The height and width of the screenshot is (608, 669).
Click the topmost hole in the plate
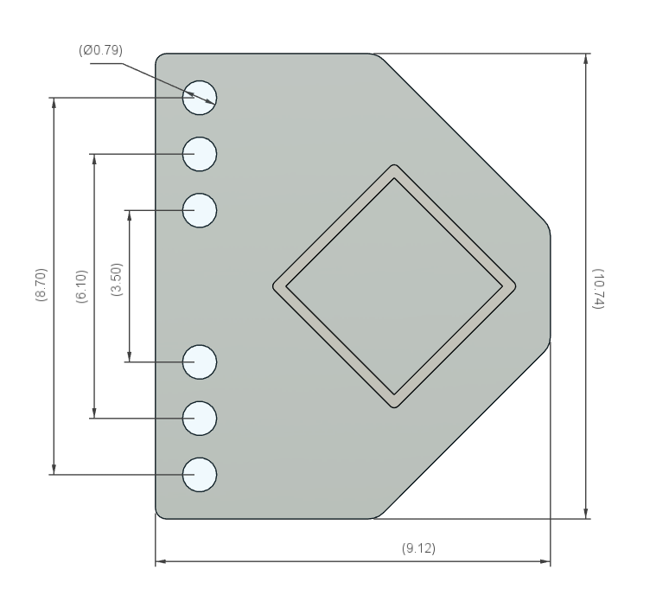(x=200, y=98)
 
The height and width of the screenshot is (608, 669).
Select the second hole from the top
(x=200, y=154)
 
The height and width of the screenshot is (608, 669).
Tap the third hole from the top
(x=200, y=210)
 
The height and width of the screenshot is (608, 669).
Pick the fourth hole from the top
(x=200, y=362)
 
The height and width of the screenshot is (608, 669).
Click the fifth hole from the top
(x=200, y=418)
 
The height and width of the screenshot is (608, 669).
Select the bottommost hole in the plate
(x=200, y=474)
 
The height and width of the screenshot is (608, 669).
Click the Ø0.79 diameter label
(x=100, y=50)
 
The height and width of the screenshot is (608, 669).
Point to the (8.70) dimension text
(x=41, y=285)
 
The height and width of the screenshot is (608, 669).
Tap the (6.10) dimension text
(x=81, y=285)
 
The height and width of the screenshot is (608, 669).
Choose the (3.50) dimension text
(x=117, y=285)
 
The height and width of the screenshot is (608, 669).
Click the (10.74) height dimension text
(x=599, y=285)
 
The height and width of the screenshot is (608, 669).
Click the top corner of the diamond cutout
(x=394, y=166)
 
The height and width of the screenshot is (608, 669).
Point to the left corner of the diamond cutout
(x=275, y=286)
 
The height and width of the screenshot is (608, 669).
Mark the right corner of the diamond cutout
(x=514, y=286)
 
